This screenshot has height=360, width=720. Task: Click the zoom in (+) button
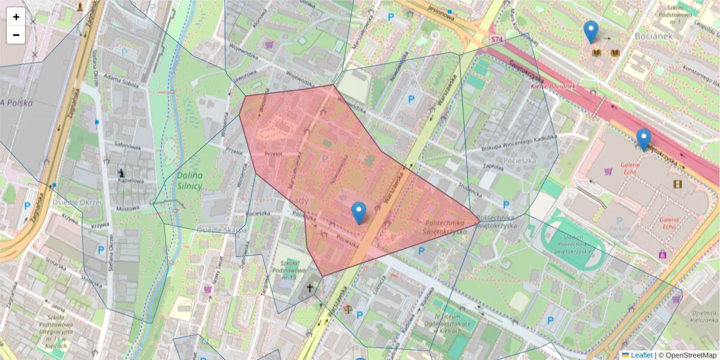16,17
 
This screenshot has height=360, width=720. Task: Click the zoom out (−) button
16,35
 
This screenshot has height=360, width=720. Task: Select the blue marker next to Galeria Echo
644,139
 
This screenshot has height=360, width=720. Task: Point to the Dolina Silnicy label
190,180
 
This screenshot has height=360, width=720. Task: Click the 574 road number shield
496,39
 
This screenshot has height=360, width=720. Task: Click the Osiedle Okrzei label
77,202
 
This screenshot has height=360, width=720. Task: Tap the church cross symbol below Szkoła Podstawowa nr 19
310,288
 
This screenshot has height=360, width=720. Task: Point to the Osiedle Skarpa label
222,230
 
